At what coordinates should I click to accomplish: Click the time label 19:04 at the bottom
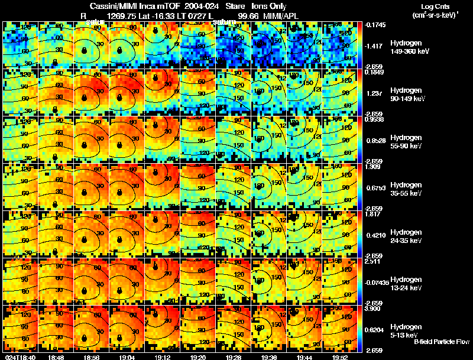[127, 357]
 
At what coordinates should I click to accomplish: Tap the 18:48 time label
[56, 357]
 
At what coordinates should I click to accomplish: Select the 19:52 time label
[340, 357]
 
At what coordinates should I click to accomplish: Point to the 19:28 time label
[234, 357]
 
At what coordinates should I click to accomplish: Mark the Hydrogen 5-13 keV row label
[406, 330]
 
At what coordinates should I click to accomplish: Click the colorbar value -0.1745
[376, 25]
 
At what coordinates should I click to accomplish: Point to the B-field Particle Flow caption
[441, 342]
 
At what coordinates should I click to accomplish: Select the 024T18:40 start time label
[20, 357]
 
